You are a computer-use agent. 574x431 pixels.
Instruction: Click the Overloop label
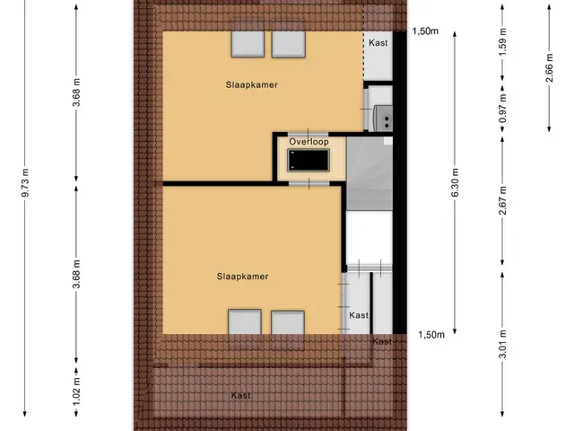(309, 142)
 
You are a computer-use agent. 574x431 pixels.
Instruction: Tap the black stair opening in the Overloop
(309, 160)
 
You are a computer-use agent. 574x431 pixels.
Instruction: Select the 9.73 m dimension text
(25, 182)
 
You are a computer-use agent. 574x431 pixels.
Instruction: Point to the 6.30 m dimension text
(455, 182)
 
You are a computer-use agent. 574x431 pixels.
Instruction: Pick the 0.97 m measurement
(502, 109)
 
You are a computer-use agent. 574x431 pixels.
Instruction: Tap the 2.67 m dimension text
(502, 200)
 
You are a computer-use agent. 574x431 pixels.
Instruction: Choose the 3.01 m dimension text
(502, 344)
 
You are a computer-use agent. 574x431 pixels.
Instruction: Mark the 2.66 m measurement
(549, 67)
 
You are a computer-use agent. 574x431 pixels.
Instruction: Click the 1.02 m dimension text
(76, 391)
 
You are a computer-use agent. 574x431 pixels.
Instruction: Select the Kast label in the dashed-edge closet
(378, 43)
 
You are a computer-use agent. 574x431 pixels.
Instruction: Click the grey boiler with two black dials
(383, 118)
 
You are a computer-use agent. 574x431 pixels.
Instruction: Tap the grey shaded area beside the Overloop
(370, 173)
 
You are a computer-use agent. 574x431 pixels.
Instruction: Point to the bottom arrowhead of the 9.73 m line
(25, 413)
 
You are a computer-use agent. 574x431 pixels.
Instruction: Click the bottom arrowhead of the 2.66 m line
(549, 128)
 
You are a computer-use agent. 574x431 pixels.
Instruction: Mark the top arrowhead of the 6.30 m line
(455, 35)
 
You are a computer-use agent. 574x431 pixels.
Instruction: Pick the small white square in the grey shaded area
(388, 141)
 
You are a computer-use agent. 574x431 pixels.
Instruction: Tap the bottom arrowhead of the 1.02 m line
(76, 413)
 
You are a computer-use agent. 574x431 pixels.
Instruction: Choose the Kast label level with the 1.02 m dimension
(241, 395)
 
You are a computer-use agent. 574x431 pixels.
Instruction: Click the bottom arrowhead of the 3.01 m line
(502, 413)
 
